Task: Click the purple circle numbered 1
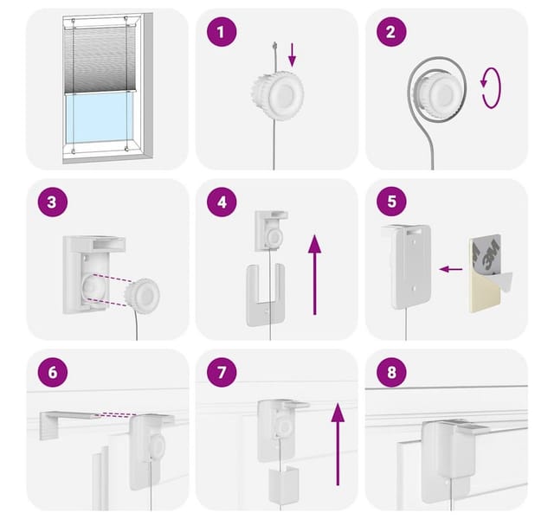pos(222,32)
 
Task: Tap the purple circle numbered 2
pos(391,32)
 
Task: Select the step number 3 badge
pos(52,202)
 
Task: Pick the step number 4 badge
pos(222,202)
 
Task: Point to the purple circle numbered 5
pos(391,202)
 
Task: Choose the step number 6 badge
pos(52,372)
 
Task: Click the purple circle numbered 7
pos(222,372)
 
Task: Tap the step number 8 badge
pos(391,372)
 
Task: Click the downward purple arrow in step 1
pos(292,55)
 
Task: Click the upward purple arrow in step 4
pos(314,275)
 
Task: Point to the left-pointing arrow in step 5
pos(451,269)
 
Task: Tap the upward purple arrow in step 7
pos(338,445)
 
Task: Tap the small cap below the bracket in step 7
pos(283,484)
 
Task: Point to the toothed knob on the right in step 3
pos(142,296)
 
